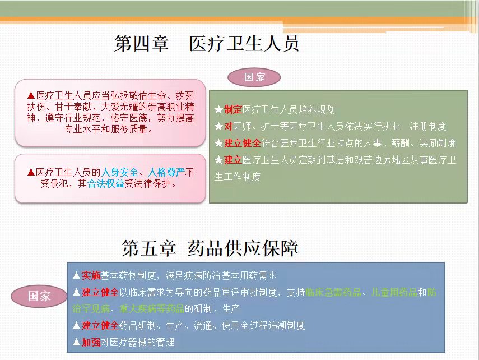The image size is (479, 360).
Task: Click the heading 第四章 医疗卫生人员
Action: click(207, 43)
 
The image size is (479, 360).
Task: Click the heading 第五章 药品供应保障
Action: click(210, 248)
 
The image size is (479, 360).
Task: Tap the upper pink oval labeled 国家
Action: click(254, 77)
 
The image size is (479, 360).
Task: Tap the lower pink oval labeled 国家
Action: click(39, 296)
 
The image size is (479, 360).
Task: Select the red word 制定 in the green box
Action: click(233, 109)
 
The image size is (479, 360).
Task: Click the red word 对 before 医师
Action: click(229, 126)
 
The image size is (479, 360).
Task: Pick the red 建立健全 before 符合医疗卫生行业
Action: click(243, 143)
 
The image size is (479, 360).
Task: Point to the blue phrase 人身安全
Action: click(119, 172)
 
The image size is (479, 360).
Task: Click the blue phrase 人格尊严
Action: click(166, 172)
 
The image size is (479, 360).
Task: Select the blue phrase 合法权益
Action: click(106, 183)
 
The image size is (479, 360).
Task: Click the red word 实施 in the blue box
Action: click(91, 275)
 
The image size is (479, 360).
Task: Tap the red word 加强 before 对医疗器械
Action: click(91, 342)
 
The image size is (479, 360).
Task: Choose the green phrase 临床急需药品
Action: click(333, 292)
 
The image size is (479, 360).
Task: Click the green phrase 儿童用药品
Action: click(394, 292)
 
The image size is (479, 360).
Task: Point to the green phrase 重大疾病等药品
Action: click(152, 308)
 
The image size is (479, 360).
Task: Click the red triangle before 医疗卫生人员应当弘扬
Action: click(31, 95)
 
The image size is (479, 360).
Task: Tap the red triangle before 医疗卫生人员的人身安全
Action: click(31, 172)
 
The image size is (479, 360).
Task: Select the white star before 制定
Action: click(218, 109)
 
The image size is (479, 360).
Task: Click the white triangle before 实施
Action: click(77, 275)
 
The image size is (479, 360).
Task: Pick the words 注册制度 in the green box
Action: click(428, 126)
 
